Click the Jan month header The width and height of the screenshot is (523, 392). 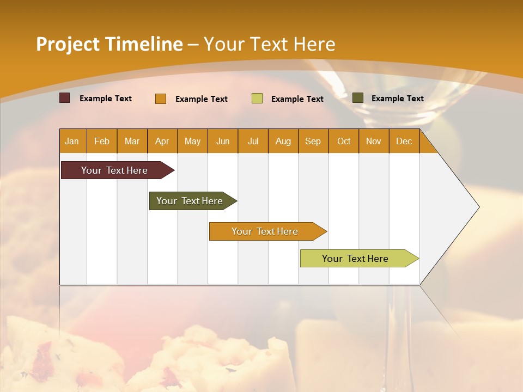coord(72,141)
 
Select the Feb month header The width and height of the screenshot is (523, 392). coord(102,141)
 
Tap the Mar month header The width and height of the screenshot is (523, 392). coord(132,141)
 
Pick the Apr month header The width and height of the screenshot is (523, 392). coord(162,141)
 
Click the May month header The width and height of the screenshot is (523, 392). coord(192,141)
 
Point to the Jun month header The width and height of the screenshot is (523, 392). coord(223,141)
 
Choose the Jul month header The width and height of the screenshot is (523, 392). coord(253,141)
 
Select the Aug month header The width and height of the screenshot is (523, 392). coord(283,141)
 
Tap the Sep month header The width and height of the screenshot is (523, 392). coord(313,141)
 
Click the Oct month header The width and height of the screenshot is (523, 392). coord(344,141)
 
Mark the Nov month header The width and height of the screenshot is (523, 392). coord(374,141)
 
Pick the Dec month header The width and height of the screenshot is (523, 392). coord(404,141)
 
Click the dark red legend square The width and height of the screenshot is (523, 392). coord(64,98)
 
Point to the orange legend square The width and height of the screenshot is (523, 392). coord(161,99)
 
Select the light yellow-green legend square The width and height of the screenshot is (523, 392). coord(257,99)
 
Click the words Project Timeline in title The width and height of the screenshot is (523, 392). coord(110,44)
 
